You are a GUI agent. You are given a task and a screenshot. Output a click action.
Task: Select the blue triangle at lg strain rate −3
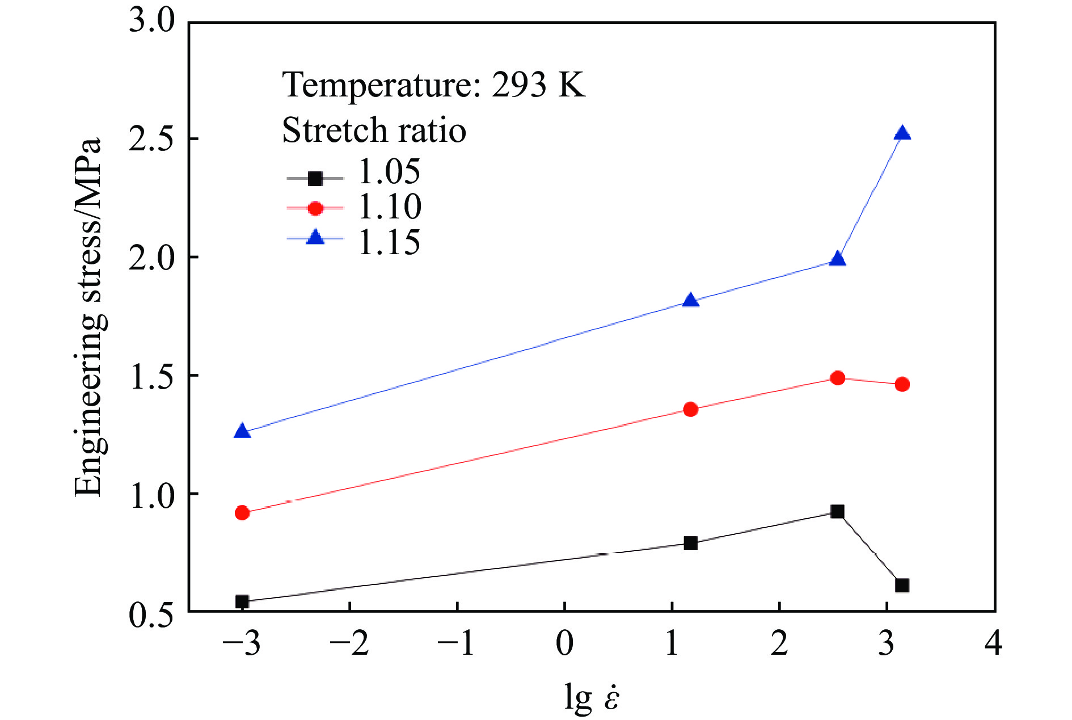click(x=242, y=431)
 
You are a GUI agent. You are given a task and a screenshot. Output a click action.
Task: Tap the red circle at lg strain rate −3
click(x=242, y=513)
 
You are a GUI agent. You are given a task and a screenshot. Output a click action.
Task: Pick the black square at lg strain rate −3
click(x=242, y=601)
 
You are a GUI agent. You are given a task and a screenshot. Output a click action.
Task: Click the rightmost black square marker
click(x=902, y=585)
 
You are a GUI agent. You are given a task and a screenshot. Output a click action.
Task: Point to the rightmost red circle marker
click(x=902, y=384)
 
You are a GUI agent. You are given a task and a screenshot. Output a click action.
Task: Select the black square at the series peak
click(x=837, y=511)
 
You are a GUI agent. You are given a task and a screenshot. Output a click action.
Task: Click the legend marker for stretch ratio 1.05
click(x=315, y=179)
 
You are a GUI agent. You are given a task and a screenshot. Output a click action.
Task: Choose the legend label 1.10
click(x=390, y=207)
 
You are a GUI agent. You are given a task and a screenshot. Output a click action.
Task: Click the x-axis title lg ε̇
click(x=592, y=697)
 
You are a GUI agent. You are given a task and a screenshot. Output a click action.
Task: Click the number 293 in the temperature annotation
click(x=518, y=85)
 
